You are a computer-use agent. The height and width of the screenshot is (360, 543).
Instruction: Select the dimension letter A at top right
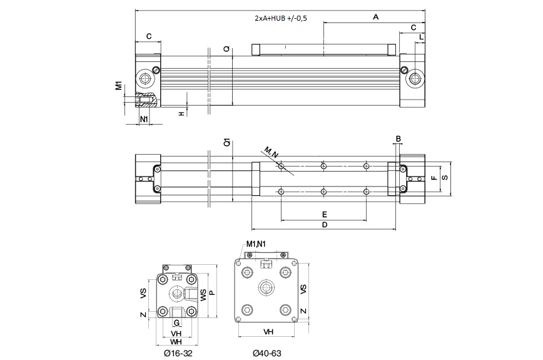point(375,17)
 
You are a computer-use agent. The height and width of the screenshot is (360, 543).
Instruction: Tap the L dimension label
point(421,38)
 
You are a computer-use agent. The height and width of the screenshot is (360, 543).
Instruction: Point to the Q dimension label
point(226,48)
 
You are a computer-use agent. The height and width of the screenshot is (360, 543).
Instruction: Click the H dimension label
point(181,113)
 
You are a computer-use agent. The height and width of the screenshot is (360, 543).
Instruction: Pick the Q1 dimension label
point(226,143)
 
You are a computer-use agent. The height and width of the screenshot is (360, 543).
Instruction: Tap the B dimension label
point(398,138)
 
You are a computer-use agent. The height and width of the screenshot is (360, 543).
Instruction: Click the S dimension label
point(444,178)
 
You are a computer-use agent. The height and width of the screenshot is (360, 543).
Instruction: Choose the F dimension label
point(433,178)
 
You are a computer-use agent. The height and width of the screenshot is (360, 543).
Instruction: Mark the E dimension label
point(324,214)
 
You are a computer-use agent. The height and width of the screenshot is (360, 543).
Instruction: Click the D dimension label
point(324,224)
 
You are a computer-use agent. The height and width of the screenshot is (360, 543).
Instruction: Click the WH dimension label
point(176,342)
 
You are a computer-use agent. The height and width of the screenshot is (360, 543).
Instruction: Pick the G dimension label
point(176,323)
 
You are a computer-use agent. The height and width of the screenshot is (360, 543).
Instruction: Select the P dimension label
point(211,293)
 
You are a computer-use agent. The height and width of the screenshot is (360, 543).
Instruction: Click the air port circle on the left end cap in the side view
point(147,80)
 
